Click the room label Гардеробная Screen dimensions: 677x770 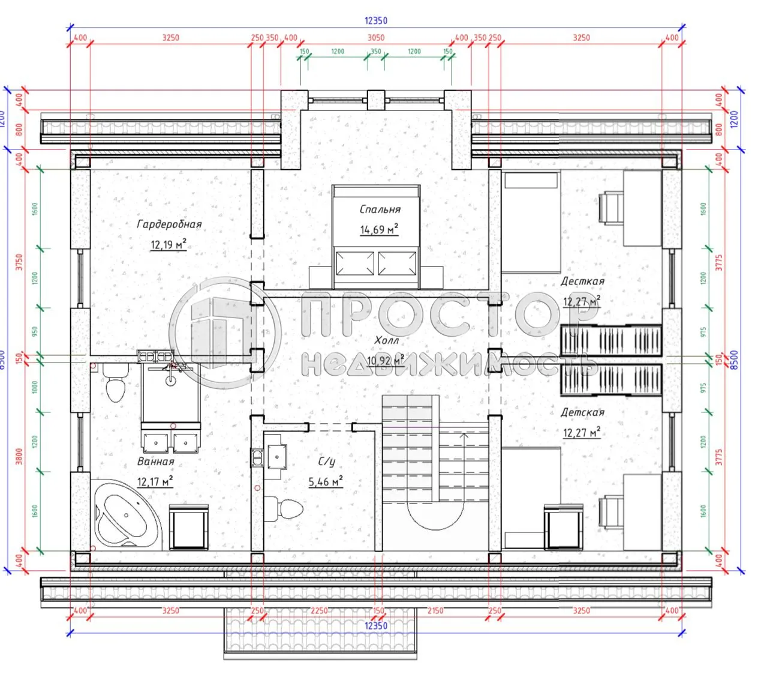pyautogui.click(x=169, y=224)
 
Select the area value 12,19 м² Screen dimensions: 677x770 pyautogui.click(x=168, y=244)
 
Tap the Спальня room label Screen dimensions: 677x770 pyautogui.click(x=380, y=209)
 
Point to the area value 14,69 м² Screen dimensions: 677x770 pyautogui.click(x=379, y=229)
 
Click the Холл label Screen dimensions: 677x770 pyautogui.click(x=386, y=340)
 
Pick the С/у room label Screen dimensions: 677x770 pyautogui.click(x=326, y=462)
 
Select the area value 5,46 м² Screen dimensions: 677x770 pyautogui.click(x=326, y=481)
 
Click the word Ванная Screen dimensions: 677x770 pyautogui.click(x=155, y=462)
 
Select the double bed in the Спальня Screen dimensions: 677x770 pyautogui.click(x=376, y=237)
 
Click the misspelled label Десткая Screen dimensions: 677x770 pyautogui.click(x=582, y=281)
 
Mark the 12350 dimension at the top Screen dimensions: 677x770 pyautogui.click(x=376, y=20)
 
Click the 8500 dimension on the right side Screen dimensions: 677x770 pyautogui.click(x=735, y=360)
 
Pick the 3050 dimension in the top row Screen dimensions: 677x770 pyautogui.click(x=376, y=37)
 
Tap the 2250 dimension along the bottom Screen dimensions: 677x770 pyautogui.click(x=319, y=610)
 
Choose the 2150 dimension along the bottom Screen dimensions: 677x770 pyautogui.click(x=435, y=610)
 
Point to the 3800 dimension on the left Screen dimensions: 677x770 pyautogui.click(x=19, y=456)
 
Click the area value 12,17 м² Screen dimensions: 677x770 pyautogui.click(x=155, y=481)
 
